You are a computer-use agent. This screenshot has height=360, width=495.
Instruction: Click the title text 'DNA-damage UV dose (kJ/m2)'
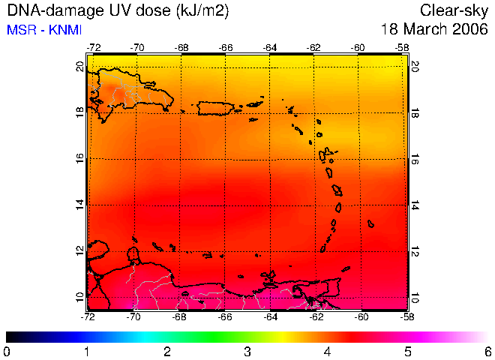point(118,11)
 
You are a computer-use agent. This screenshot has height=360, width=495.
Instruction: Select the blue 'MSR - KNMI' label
point(44,30)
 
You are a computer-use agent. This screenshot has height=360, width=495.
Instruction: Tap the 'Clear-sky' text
point(454,11)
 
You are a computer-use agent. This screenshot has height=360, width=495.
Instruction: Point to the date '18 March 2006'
point(435,30)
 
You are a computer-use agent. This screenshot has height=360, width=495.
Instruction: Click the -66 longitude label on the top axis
point(225,48)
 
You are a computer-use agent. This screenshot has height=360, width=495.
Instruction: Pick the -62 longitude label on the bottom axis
point(316,316)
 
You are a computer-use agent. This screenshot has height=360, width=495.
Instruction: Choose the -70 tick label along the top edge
point(136,48)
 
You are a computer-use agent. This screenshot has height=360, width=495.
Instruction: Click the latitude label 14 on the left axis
point(80,205)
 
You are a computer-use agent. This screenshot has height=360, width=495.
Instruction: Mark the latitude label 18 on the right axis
point(415,112)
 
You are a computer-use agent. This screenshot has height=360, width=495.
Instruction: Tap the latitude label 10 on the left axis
point(80,297)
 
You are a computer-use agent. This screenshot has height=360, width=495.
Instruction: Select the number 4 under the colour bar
point(327,352)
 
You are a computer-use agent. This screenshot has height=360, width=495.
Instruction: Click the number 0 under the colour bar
point(6,352)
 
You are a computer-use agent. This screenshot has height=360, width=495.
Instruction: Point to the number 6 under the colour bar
point(488,352)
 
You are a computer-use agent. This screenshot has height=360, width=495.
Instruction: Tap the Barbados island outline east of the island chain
point(370,223)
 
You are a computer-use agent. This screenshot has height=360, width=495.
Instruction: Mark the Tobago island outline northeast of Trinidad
point(346,268)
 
